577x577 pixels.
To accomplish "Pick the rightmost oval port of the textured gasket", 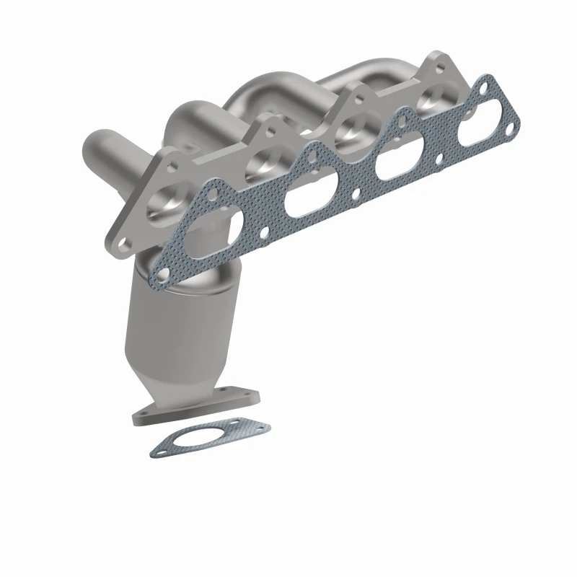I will pos(477,137).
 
